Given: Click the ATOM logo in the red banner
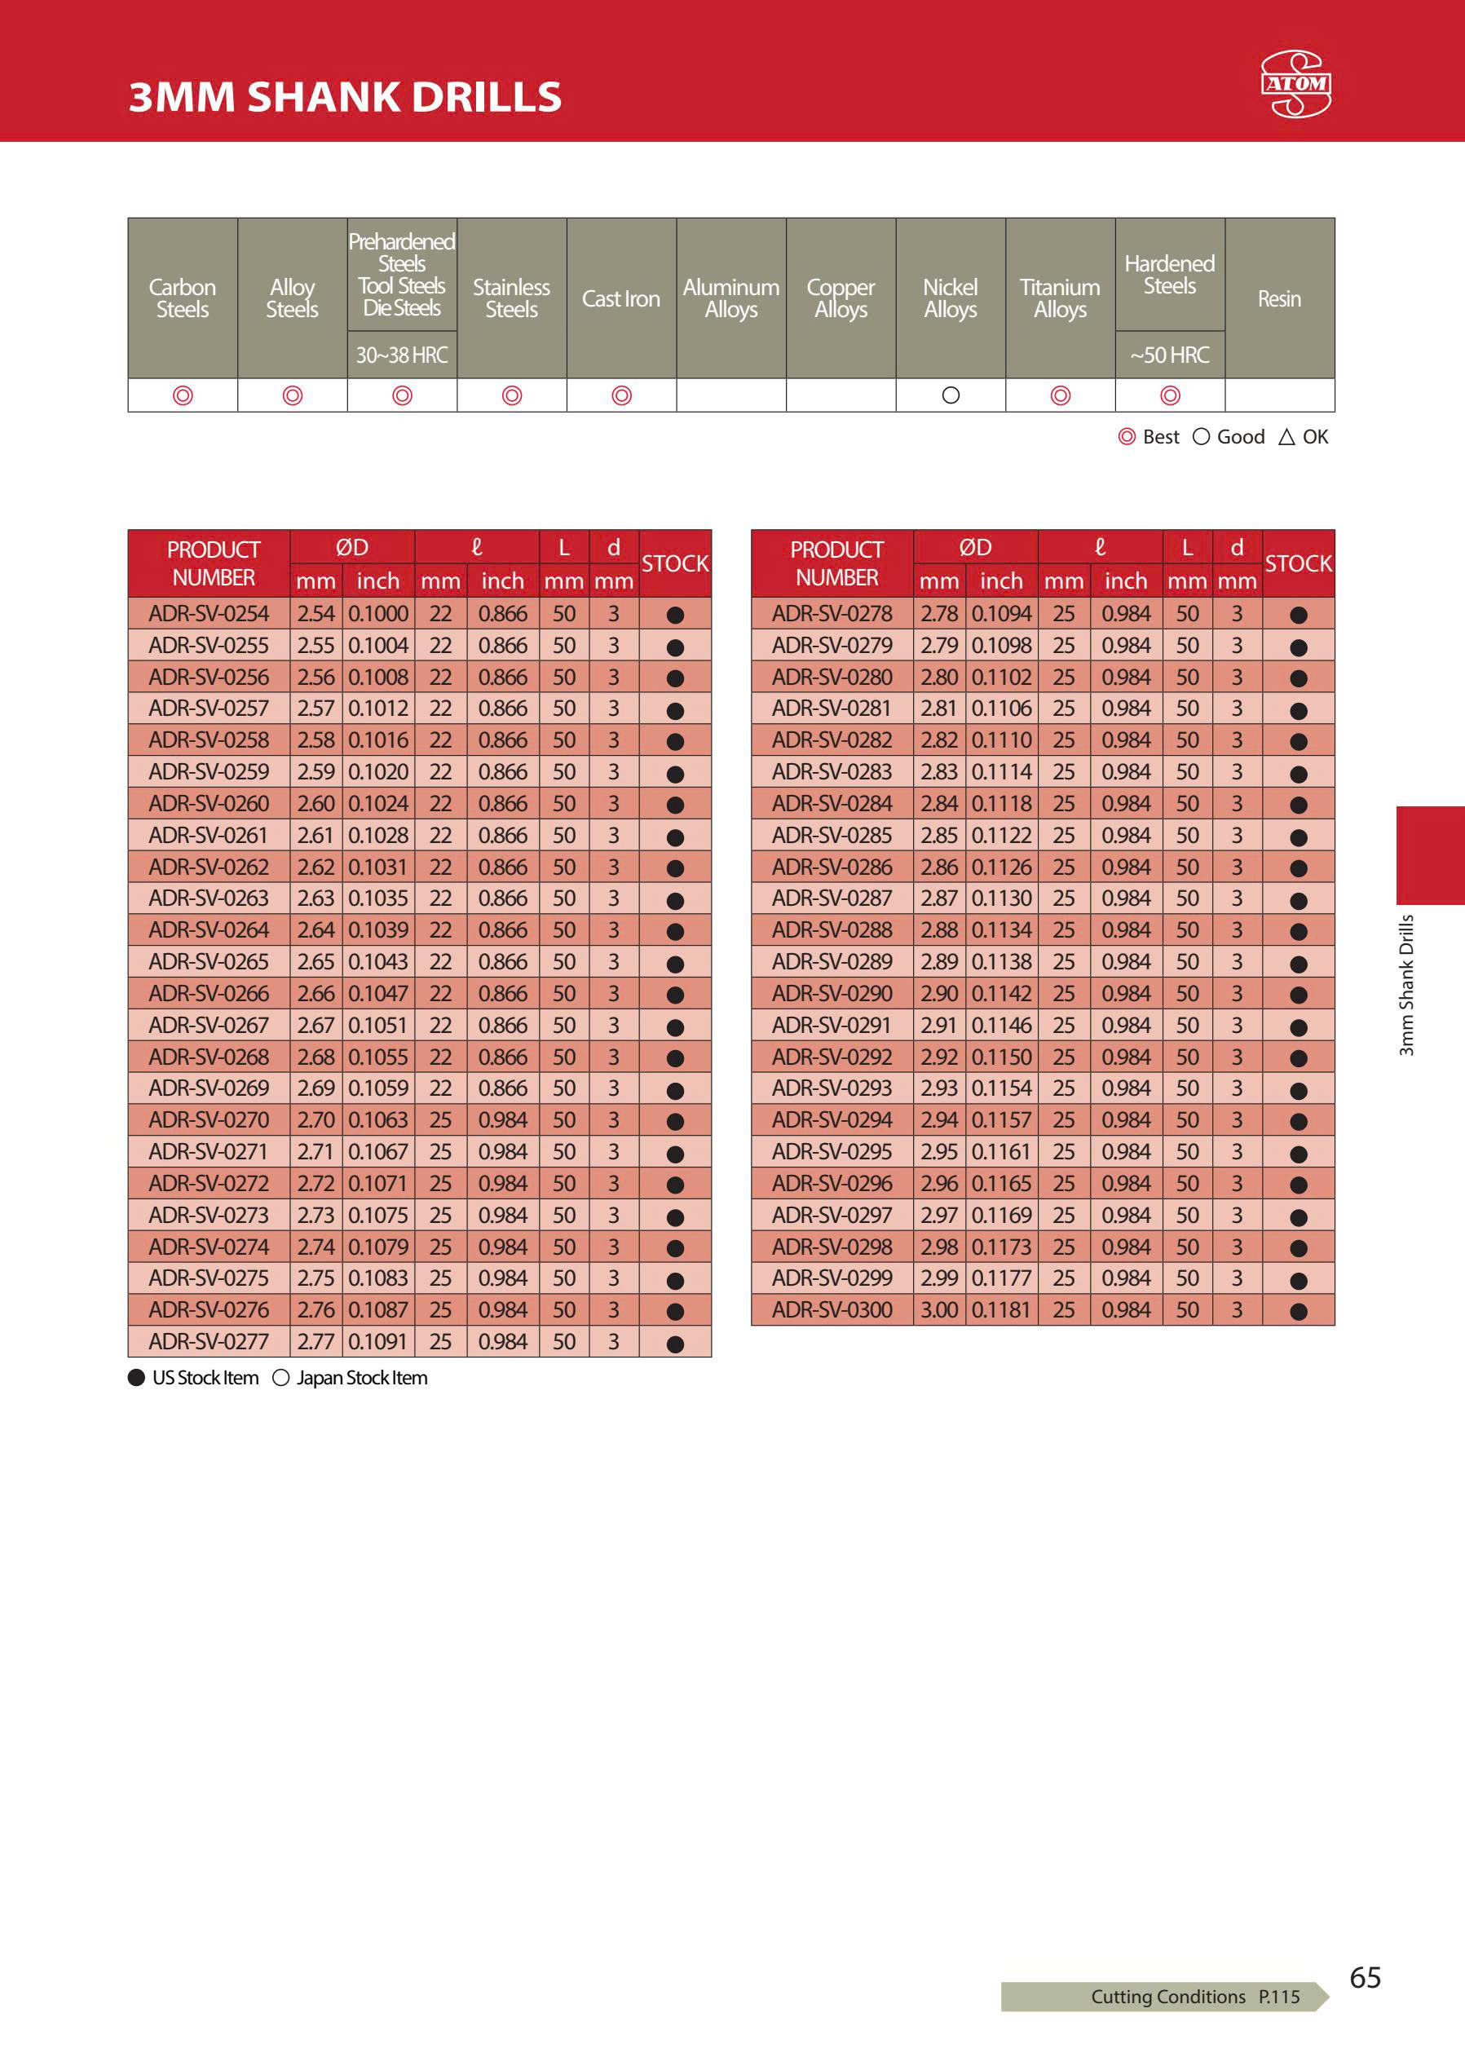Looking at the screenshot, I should [x=1295, y=84].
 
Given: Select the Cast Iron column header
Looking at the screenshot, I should [x=620, y=298].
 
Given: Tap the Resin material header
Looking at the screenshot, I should [x=1279, y=298].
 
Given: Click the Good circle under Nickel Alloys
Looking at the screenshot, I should [x=951, y=395].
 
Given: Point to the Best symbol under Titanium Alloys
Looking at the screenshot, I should [x=1061, y=395].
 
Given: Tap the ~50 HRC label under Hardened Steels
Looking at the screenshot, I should [x=1169, y=355].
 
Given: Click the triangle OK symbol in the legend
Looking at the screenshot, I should [x=1286, y=438].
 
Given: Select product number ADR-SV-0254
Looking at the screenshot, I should [x=209, y=613].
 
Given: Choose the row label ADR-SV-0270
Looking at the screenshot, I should [x=209, y=1119].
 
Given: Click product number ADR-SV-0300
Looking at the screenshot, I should [x=832, y=1310].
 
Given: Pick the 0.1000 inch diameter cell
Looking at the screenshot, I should [x=378, y=613].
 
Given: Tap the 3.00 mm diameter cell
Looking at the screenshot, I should [x=939, y=1310].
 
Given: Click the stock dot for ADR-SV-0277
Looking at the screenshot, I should [x=675, y=1344].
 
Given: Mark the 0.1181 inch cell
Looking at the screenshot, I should [x=1001, y=1310].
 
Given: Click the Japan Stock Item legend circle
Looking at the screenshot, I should [x=280, y=1378].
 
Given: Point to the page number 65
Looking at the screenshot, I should [x=1365, y=1977].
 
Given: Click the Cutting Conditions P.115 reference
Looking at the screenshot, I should [x=1194, y=1997].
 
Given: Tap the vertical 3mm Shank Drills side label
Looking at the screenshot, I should [x=1406, y=984].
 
